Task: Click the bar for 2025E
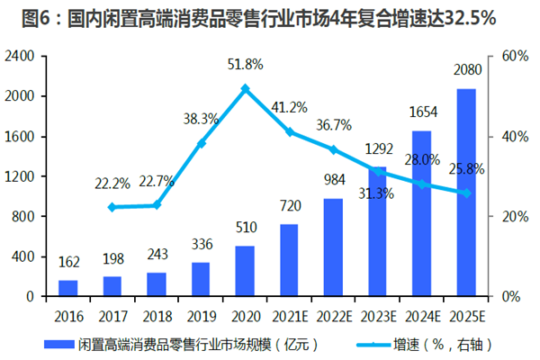(x=465, y=193)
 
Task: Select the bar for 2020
(x=245, y=271)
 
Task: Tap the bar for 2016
(x=68, y=288)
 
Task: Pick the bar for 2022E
(x=333, y=247)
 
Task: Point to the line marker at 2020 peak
(x=245, y=88)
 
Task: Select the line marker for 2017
(x=112, y=207)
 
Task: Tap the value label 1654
(x=423, y=112)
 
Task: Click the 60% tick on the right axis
(x=513, y=56)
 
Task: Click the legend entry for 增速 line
(x=432, y=344)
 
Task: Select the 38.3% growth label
(x=202, y=118)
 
